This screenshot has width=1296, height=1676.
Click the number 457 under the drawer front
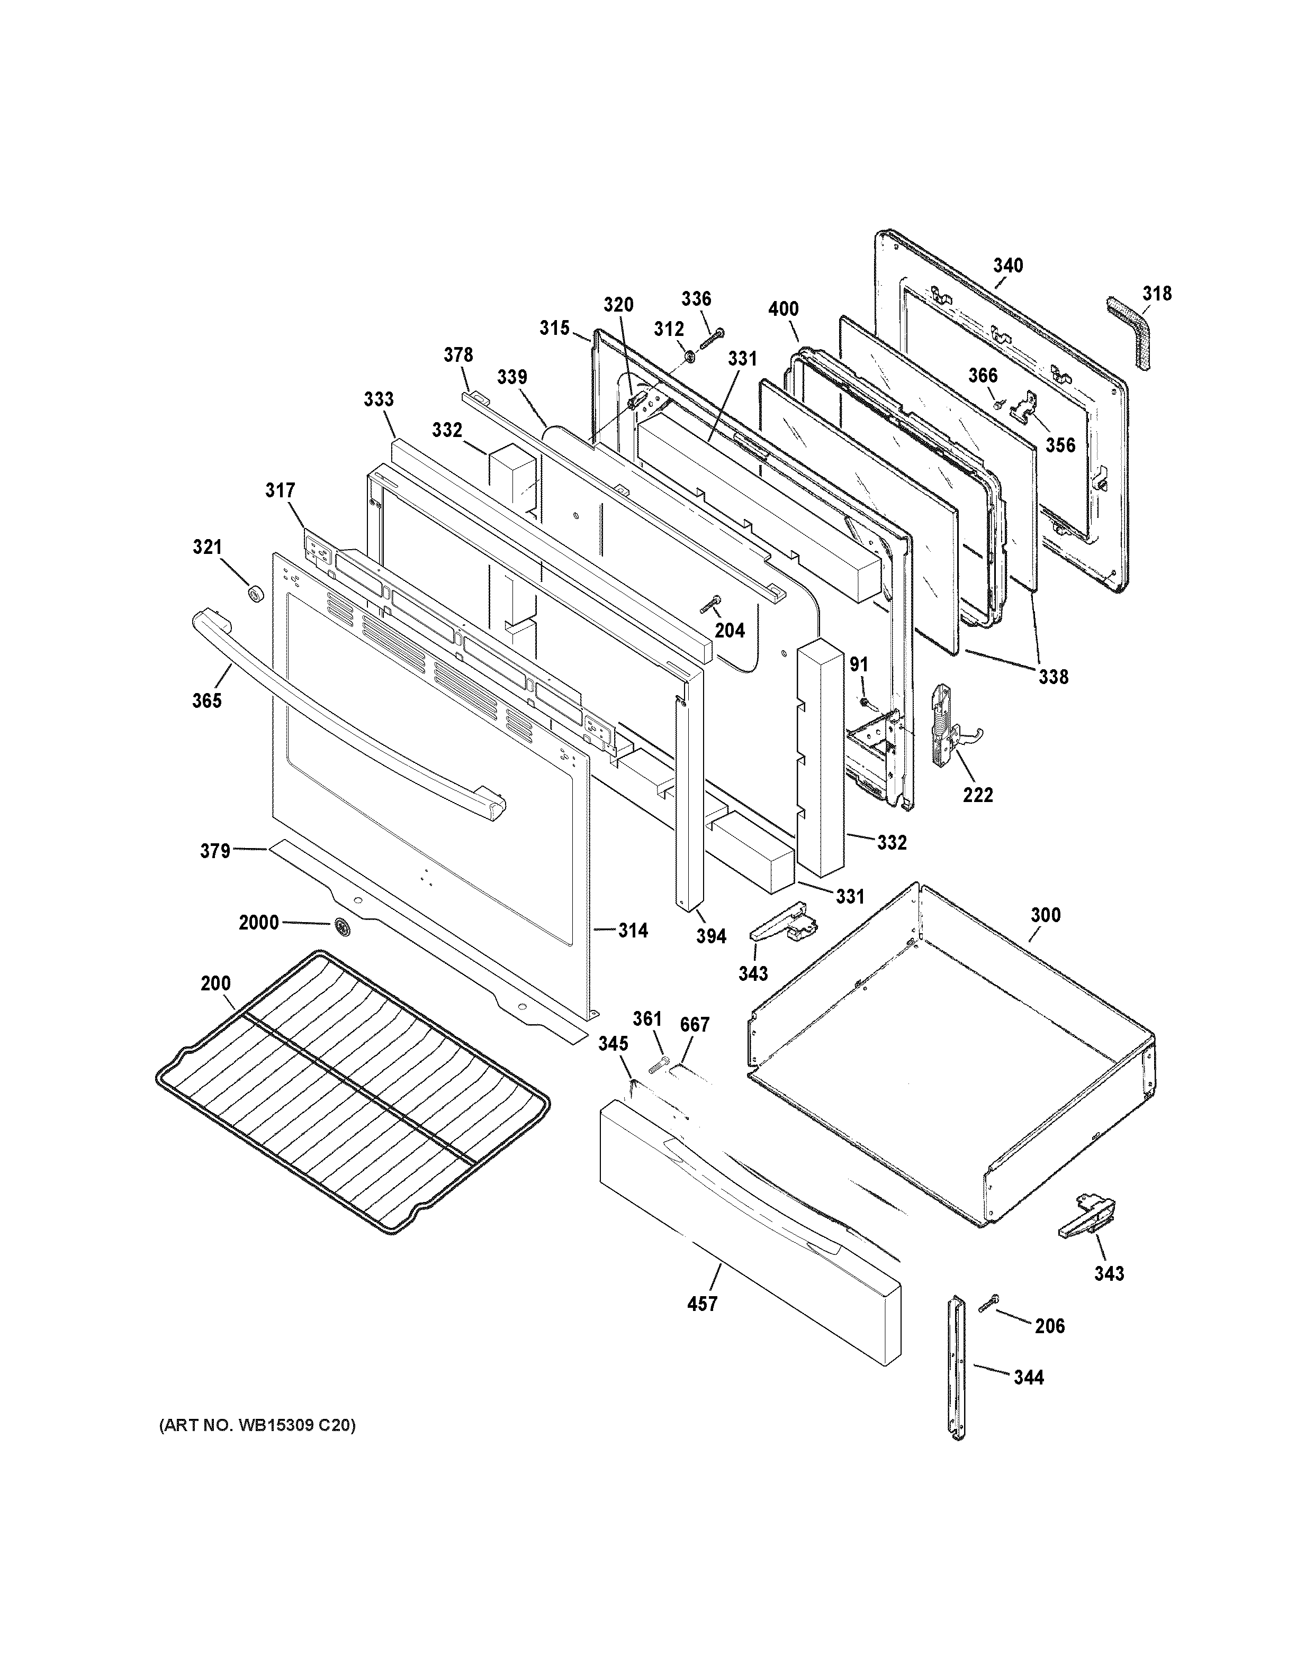(702, 1303)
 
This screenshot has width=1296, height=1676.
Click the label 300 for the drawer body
(1046, 915)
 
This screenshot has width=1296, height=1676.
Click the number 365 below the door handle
(206, 700)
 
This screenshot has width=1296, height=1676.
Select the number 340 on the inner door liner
(1007, 266)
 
